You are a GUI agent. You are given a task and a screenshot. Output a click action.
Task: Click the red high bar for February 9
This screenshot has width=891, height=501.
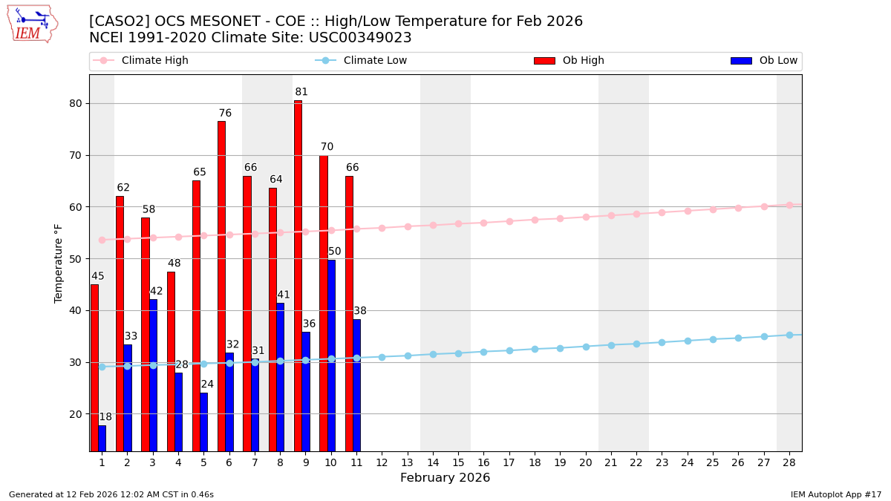click(298, 275)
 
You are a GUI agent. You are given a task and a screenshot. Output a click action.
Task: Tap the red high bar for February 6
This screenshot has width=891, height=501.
click(221, 286)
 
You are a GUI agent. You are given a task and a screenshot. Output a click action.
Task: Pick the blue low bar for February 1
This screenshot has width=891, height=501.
click(102, 438)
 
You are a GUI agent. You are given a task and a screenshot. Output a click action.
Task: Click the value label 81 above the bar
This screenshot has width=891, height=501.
click(301, 92)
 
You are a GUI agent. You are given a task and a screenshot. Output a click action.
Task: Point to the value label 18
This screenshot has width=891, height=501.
click(105, 417)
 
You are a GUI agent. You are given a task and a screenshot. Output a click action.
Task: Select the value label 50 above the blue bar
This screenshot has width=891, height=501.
click(335, 252)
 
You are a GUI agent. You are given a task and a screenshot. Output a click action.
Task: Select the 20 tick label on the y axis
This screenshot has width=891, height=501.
click(75, 414)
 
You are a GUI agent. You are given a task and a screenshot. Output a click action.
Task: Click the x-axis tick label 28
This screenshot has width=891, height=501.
click(789, 462)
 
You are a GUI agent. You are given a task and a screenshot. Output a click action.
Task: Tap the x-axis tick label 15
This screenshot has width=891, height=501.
click(458, 462)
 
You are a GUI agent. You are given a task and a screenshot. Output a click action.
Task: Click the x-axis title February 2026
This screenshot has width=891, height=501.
click(445, 478)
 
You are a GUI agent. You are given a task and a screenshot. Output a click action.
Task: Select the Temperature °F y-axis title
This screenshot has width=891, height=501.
click(59, 263)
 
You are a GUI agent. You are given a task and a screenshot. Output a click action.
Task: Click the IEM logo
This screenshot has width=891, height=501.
click(32, 24)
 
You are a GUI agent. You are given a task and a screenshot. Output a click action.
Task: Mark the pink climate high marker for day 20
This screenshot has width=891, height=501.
click(586, 217)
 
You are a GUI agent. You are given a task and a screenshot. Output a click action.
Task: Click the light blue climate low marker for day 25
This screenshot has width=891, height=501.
click(713, 339)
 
